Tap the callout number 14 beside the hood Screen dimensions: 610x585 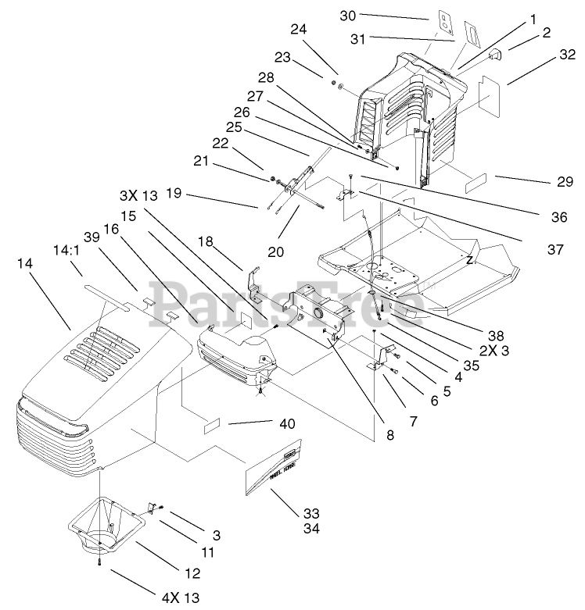click(x=26, y=264)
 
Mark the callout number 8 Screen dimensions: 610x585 click(x=389, y=434)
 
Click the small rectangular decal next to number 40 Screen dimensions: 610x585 click(x=213, y=426)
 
